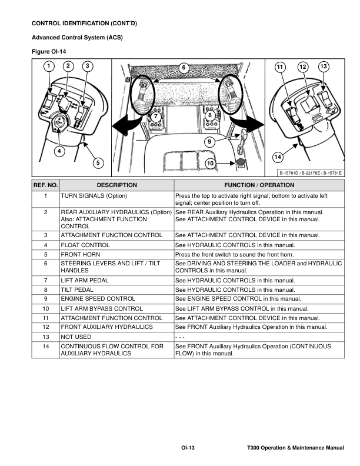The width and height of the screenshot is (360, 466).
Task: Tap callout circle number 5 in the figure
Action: [x=97, y=162]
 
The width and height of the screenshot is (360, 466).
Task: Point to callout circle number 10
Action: [x=211, y=162]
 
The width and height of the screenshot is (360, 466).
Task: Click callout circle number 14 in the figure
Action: [x=278, y=157]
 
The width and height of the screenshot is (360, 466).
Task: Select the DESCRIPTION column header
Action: [x=116, y=185]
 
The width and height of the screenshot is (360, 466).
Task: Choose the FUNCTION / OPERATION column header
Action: [x=259, y=185]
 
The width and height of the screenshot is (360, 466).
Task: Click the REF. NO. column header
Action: [x=45, y=185]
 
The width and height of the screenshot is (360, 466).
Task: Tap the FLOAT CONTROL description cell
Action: [x=85, y=244]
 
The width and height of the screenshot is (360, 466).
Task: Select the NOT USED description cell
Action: [x=76, y=337]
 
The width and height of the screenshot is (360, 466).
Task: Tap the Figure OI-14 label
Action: [x=48, y=51]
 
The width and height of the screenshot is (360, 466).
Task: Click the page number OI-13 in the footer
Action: [x=188, y=448]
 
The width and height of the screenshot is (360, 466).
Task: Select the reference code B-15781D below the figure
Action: [x=291, y=172]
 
